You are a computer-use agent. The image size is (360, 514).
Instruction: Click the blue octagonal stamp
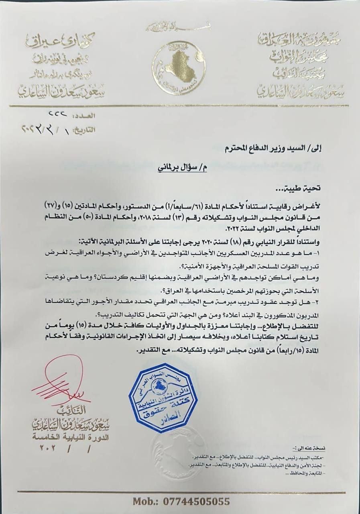pyautogui.click(x=163, y=397)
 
